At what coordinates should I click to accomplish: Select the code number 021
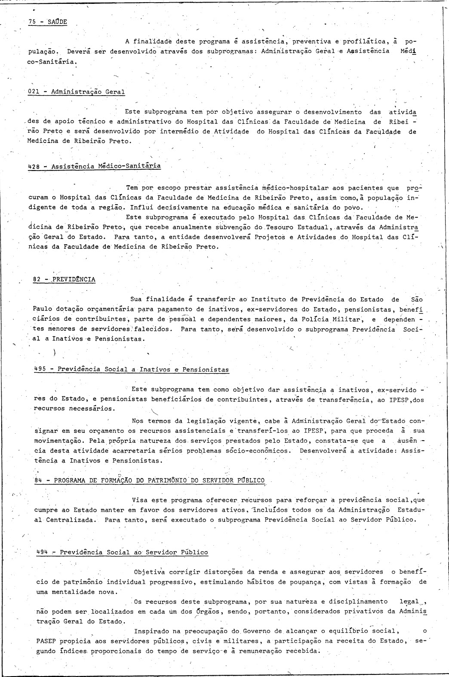pyautogui.click(x=34, y=92)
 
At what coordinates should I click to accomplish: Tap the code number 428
pyautogui.click(x=34, y=166)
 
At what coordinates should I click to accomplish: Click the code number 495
pyautogui.click(x=40, y=369)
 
